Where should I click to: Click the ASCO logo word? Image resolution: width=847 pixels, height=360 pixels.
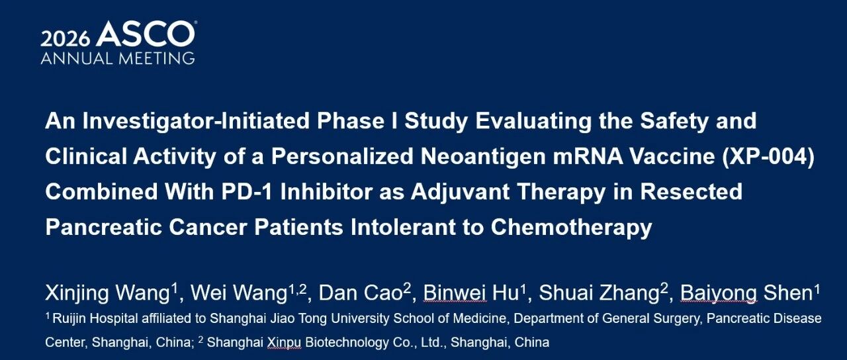pyautogui.click(x=146, y=34)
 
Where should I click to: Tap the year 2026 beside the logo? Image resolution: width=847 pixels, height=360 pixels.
pyautogui.click(x=66, y=38)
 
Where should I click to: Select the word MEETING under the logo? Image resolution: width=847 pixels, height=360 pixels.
pyautogui.click(x=157, y=58)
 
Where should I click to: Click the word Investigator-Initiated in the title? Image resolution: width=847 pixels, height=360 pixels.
pyautogui.click(x=196, y=121)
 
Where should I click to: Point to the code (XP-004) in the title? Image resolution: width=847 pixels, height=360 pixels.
pyautogui.click(x=768, y=157)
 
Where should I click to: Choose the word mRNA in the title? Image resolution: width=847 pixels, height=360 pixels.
pyautogui.click(x=588, y=156)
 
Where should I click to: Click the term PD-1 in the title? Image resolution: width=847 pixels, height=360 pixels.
pyautogui.click(x=247, y=191)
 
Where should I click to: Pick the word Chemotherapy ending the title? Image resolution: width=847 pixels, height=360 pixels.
pyautogui.click(x=571, y=227)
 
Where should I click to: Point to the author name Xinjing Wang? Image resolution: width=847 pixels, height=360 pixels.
pyautogui.click(x=107, y=293)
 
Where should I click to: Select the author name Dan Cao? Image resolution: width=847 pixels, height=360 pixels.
pyautogui.click(x=361, y=293)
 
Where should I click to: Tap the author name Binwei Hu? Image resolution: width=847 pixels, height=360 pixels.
pyautogui.click(x=470, y=293)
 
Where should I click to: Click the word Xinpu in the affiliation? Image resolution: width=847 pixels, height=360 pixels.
pyautogui.click(x=284, y=343)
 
